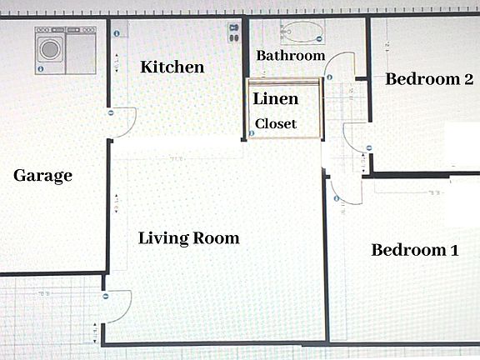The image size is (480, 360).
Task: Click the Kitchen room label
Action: click(x=172, y=67)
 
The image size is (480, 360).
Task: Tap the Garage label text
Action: click(x=43, y=176)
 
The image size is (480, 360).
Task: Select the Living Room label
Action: click(x=188, y=238)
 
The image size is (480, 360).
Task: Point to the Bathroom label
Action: click(x=290, y=56)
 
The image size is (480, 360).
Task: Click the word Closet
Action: click(x=276, y=123)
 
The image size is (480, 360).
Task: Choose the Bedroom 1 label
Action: click(x=414, y=250)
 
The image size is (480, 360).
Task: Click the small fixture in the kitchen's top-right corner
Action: click(x=232, y=33)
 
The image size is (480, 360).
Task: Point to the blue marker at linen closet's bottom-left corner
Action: click(x=252, y=133)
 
